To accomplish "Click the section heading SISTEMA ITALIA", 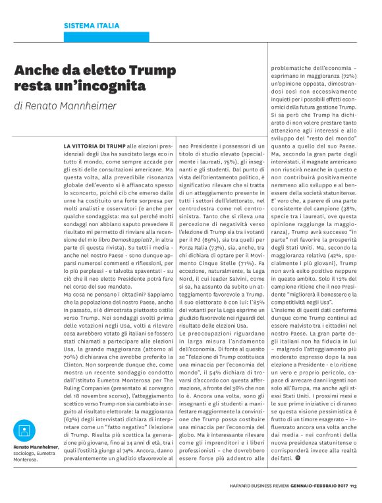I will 92,26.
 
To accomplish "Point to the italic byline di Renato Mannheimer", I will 65,106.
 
